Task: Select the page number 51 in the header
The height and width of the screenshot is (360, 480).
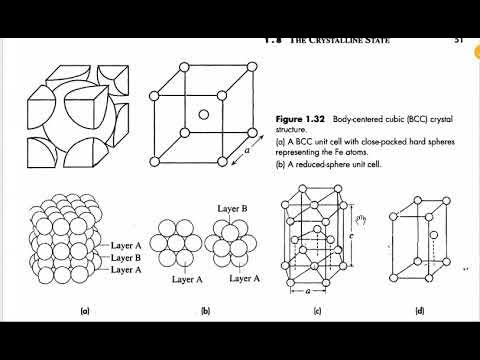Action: [x=457, y=41]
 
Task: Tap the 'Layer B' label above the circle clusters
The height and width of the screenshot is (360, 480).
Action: [x=233, y=206]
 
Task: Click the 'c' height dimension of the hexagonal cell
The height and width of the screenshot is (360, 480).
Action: [x=349, y=237]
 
